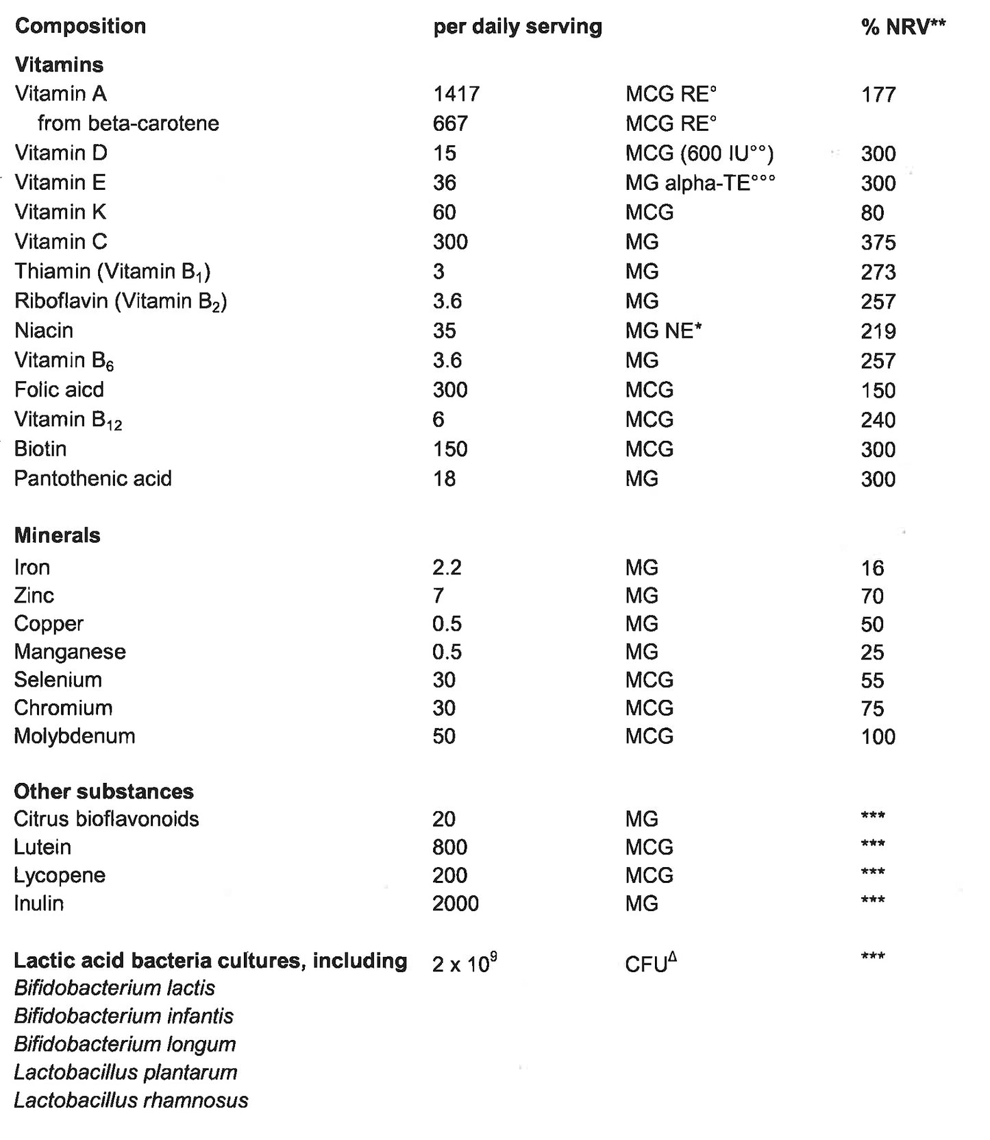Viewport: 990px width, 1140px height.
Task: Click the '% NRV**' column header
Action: coord(903,27)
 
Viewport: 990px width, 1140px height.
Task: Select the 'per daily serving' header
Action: coord(517,27)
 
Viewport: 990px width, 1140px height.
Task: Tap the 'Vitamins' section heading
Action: coord(59,64)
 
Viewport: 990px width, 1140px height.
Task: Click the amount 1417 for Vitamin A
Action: coord(456,94)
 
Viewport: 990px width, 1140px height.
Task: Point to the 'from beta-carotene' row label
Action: coord(128,123)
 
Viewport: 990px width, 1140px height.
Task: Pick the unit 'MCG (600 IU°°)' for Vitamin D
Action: coord(700,153)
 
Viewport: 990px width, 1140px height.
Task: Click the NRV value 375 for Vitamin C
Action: coord(878,243)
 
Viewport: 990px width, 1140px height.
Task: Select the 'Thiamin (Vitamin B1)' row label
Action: coord(112,271)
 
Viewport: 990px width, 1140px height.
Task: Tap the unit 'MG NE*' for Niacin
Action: coord(663,330)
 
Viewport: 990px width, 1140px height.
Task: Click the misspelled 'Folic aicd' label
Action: coord(59,389)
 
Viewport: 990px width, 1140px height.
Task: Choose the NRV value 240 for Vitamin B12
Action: coord(878,420)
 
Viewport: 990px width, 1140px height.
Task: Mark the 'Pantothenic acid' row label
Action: coord(92,478)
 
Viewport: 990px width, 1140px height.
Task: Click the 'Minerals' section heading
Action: coord(57,535)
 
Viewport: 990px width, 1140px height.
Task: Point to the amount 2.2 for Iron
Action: coord(447,568)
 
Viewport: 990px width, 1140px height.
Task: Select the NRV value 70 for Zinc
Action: coord(872,596)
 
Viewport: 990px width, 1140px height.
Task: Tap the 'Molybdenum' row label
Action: coord(75,736)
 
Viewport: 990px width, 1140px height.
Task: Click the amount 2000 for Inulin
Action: coord(456,903)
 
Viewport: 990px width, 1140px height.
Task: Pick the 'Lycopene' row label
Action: coord(60,875)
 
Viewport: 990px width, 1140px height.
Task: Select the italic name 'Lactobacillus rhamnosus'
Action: coord(131,1100)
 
